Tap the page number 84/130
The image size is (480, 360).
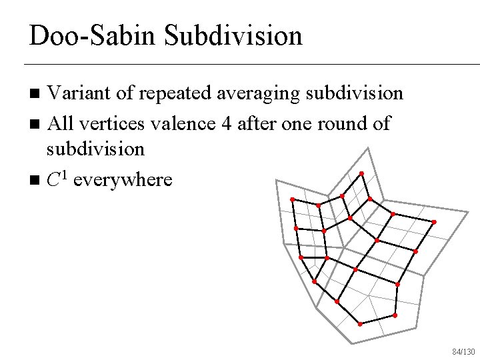coord(463,351)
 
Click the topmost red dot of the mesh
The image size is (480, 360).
coord(361,174)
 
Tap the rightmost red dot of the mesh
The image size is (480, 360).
coord(435,222)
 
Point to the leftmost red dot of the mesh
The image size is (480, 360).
coord(292,199)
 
